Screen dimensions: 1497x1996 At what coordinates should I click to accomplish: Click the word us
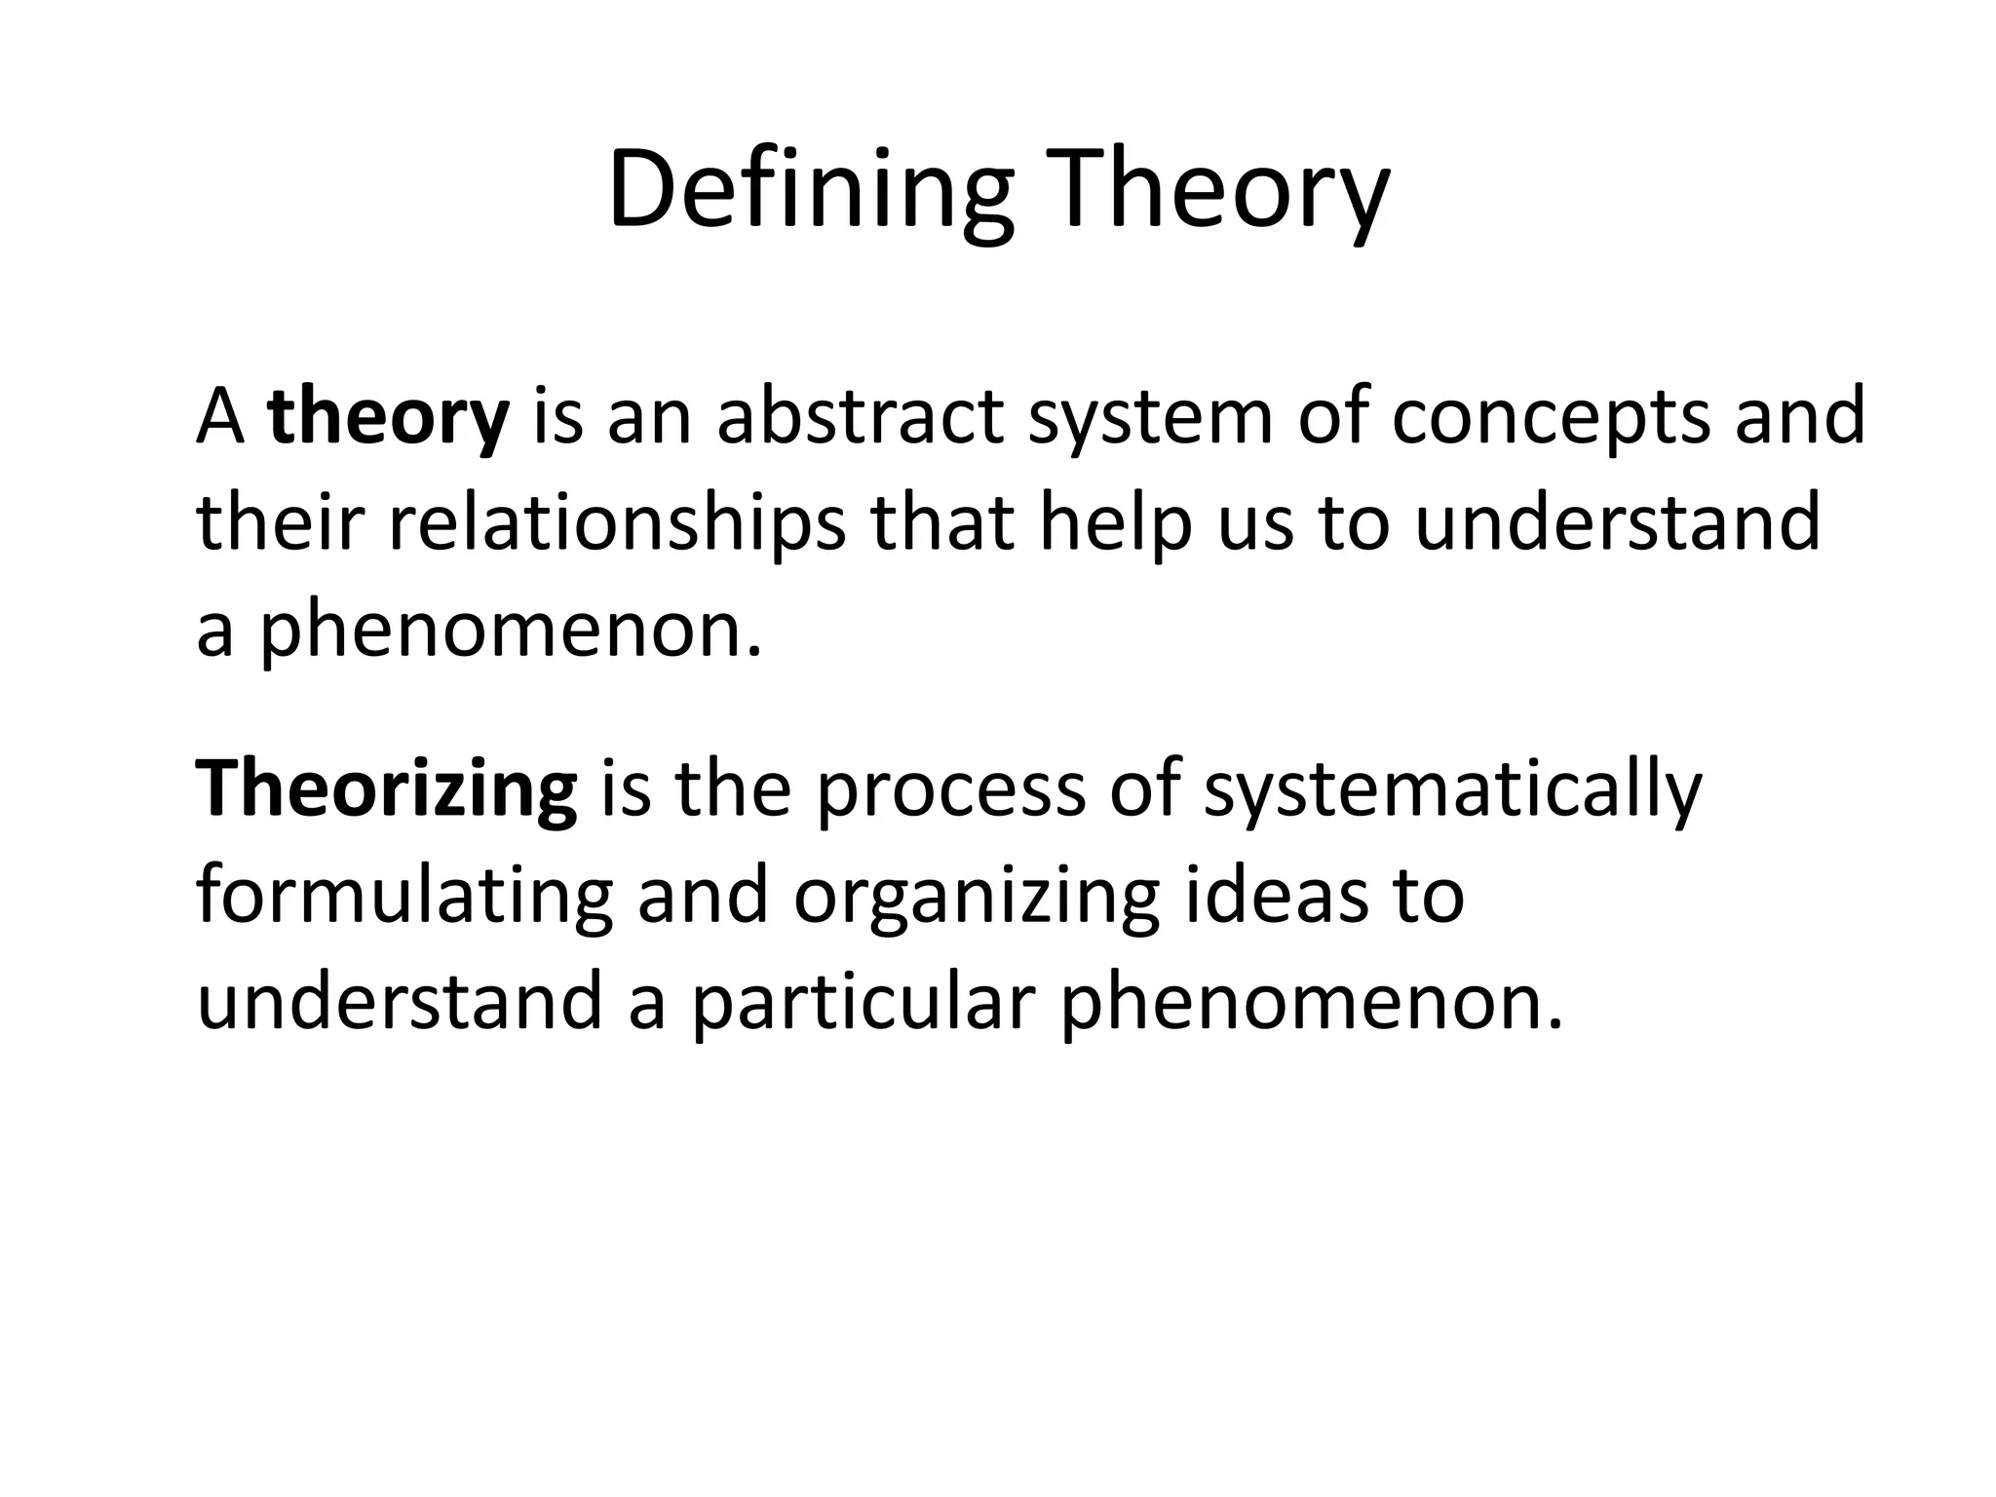tap(1256, 523)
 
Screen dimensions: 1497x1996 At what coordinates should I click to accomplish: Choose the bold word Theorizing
tap(386, 790)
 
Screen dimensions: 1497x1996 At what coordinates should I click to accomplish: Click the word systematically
tap(1452, 790)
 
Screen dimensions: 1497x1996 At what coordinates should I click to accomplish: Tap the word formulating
tap(404, 897)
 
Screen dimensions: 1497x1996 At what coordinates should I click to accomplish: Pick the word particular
tap(863, 1004)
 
